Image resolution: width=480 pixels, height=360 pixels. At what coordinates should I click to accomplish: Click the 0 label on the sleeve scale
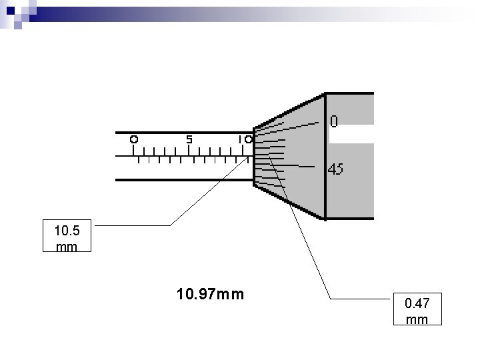tap(134, 140)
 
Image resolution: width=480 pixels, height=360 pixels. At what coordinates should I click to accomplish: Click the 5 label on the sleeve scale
tap(189, 140)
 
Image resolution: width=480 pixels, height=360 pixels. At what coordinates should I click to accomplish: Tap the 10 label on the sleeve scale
tap(245, 140)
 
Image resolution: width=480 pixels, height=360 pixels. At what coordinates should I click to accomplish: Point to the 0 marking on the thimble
tap(334, 122)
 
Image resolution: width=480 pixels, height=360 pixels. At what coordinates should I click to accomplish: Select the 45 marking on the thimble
tap(335, 169)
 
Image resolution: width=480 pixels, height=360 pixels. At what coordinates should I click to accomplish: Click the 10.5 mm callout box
tap(67, 239)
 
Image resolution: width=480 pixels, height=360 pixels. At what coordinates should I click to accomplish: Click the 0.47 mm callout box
tap(417, 311)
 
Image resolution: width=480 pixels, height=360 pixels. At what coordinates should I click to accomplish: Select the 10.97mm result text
tap(211, 293)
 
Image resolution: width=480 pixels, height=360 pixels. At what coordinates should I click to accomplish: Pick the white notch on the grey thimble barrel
tap(351, 134)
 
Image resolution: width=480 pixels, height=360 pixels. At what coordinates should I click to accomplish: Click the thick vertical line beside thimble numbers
tap(325, 157)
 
